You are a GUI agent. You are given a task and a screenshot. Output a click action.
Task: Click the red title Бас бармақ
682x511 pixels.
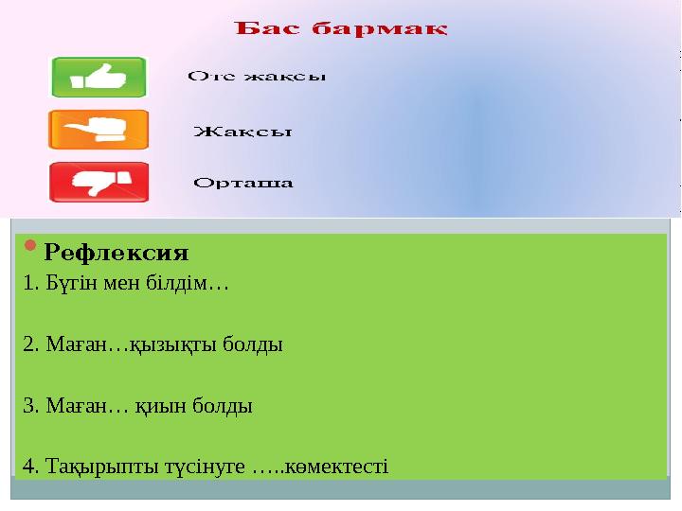point(341,28)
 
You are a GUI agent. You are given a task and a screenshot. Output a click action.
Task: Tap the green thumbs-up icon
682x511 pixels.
point(99,78)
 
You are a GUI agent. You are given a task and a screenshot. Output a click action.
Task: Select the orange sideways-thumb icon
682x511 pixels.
point(99,130)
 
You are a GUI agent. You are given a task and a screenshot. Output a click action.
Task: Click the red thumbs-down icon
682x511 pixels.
point(99,182)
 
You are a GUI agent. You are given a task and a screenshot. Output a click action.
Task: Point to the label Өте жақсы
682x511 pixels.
point(257,77)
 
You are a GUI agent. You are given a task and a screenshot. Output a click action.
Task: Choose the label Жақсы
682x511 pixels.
point(242,131)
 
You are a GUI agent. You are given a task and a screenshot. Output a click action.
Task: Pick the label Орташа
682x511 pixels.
point(243,183)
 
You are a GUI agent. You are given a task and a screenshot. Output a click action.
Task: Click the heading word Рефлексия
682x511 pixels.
point(117,254)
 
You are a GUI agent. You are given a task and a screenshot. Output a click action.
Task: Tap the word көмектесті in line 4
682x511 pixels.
point(343,467)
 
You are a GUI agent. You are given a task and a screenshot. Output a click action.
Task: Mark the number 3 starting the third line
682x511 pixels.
point(28,407)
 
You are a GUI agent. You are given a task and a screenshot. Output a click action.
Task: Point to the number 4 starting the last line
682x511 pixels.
point(28,467)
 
